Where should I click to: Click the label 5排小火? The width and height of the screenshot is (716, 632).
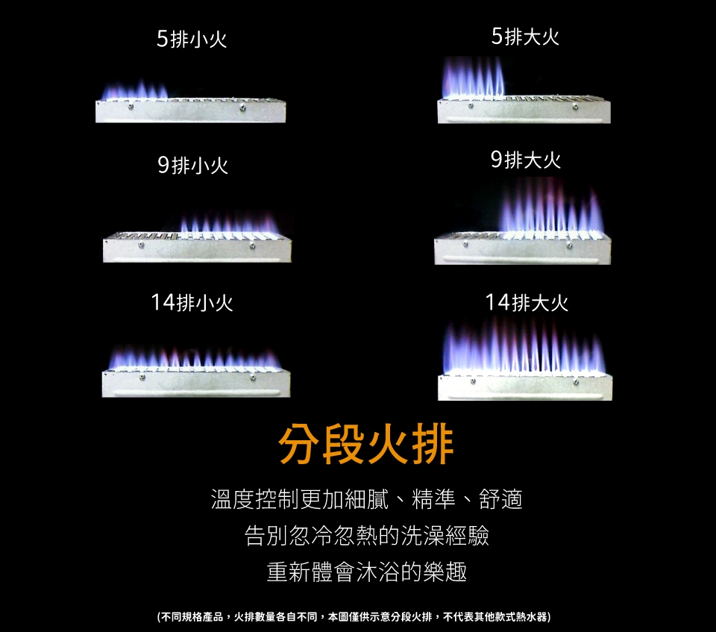pos(192,38)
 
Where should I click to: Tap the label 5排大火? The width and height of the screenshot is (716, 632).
pos(525,36)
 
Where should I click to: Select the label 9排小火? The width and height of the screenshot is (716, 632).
pos(192,165)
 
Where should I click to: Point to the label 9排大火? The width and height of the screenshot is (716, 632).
pos(526,160)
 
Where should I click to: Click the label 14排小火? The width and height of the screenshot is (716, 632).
pos(192,302)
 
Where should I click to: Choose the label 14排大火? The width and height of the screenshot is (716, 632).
pos(527,302)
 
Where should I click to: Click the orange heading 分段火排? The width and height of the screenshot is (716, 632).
pos(365,444)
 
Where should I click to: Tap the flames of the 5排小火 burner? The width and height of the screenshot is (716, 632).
pos(134,90)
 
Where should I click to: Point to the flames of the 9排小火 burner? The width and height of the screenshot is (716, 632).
pos(229,222)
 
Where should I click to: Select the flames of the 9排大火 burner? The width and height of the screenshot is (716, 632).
pos(552,205)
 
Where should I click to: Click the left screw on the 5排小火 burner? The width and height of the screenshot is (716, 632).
pos(131,107)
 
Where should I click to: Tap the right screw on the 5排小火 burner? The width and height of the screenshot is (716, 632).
pos(242,108)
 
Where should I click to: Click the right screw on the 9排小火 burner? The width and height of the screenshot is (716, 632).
pos(253,246)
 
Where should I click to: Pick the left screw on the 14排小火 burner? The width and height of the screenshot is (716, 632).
pos(142,378)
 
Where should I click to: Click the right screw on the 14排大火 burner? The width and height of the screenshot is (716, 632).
pos(576,381)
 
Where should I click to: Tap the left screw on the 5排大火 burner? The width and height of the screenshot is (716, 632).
pos(471,106)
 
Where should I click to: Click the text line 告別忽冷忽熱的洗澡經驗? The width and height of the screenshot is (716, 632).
pos(367,535)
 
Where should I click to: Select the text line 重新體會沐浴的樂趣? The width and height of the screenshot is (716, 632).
pos(367,572)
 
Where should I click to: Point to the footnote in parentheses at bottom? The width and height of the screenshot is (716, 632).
pos(354,617)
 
